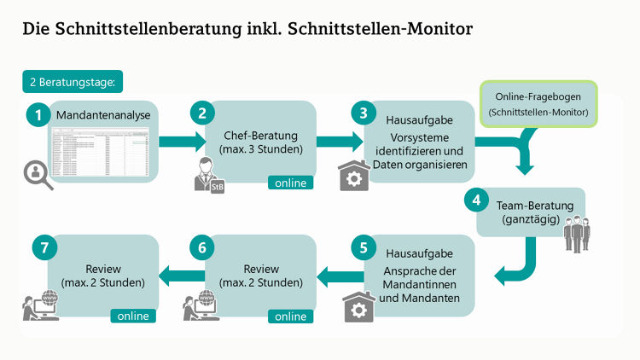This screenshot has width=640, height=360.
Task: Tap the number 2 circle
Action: [201, 113]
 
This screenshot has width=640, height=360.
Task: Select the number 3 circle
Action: [364, 113]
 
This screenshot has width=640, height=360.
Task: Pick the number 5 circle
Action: [364, 248]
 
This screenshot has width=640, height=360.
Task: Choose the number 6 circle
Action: [201, 248]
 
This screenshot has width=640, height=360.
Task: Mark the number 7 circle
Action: [44, 248]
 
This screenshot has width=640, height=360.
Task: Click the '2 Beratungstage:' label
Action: [74, 83]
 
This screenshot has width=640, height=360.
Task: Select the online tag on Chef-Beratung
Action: [290, 182]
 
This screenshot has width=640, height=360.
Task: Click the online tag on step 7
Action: [133, 316]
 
